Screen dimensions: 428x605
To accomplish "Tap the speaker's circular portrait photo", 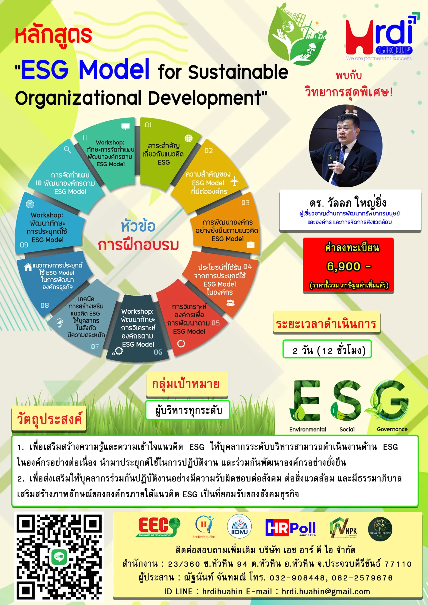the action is point(345,146).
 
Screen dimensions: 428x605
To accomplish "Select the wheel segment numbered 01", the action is point(165,153).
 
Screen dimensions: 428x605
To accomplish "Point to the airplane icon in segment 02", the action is point(234,181).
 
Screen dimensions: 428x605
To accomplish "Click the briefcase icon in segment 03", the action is point(250,245).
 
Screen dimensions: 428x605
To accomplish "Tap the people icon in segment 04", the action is point(231,303).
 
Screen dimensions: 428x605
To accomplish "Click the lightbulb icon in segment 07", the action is point(60,323).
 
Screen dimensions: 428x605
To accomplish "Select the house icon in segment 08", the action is point(28,267).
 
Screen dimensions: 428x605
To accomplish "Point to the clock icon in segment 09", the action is point(30,204).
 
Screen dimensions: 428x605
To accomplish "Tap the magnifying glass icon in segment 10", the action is point(67,150).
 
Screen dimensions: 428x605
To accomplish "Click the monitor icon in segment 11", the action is point(126,126).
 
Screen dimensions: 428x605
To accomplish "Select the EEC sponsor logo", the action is point(158,527).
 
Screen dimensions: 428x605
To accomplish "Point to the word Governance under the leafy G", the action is point(392,429).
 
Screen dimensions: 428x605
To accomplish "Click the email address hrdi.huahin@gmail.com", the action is point(326,592).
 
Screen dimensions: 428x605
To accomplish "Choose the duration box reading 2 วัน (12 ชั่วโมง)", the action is point(327,349).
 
